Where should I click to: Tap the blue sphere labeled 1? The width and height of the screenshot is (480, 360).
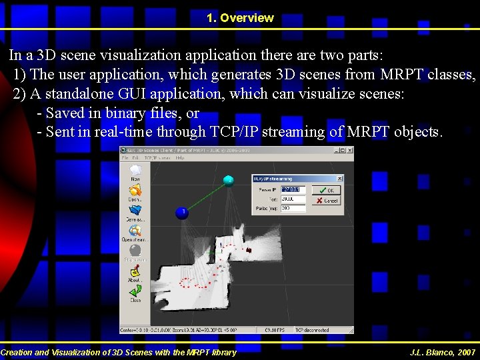[181, 213]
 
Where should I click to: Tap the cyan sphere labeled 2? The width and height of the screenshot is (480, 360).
[228, 180]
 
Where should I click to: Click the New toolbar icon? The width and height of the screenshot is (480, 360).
[135, 171]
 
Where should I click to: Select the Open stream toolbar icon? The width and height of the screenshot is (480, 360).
[135, 231]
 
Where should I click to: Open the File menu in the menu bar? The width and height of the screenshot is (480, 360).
[125, 159]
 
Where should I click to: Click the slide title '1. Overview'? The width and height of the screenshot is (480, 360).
[240, 18]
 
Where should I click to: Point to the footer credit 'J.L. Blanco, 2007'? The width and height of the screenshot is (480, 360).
[443, 352]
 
